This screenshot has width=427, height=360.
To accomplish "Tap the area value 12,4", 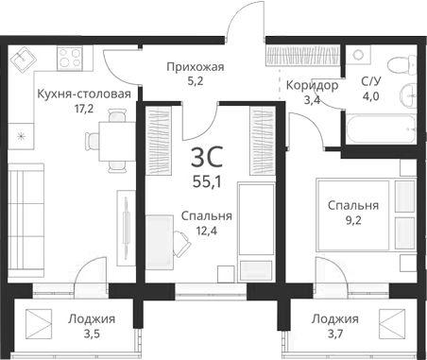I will tap(206, 232).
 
